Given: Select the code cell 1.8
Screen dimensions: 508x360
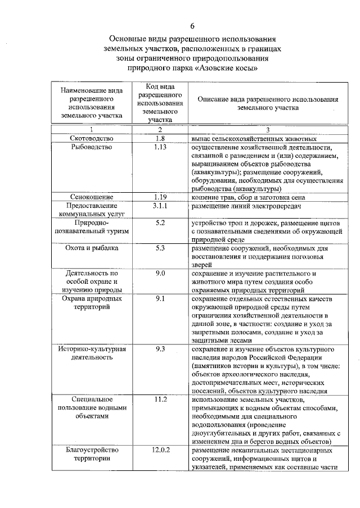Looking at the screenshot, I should pos(160,138).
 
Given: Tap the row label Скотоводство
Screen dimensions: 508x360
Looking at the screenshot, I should pos(92,138).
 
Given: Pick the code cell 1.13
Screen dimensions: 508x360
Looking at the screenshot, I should pos(160,147).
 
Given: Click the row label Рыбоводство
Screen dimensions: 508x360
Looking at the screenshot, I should pos(92,147).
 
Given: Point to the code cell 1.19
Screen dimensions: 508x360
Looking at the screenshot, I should pos(160,197).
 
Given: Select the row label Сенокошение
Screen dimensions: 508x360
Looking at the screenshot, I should pos(92,197).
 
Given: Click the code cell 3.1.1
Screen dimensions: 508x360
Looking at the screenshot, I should pos(160,206).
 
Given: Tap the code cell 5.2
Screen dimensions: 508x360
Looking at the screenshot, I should pos(160,223).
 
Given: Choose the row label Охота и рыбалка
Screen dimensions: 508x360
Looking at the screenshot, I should pos(92,247).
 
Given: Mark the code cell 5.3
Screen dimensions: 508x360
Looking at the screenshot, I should pos(160,247).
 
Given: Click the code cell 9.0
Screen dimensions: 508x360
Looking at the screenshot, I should pos(160,273).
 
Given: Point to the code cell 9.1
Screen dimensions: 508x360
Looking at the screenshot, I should pos(160,298).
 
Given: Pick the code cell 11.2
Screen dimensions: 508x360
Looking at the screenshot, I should pos(160,399).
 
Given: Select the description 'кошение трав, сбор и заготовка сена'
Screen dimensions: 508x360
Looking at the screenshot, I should pos(248,197).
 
